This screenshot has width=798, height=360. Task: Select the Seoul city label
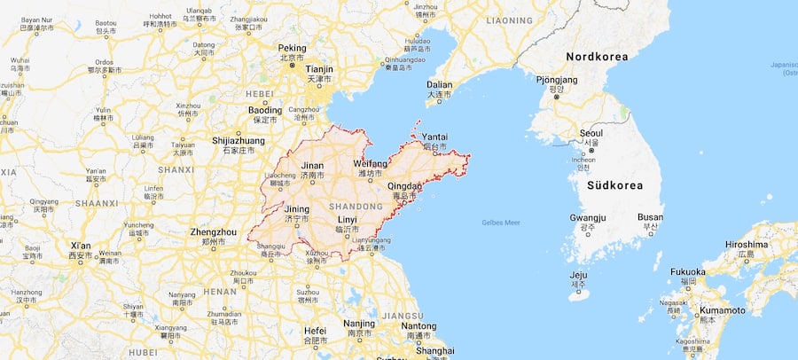[591, 133]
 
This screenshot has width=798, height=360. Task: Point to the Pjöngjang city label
[557, 79]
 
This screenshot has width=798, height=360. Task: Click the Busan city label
[650, 217]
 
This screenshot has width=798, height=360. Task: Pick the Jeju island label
[579, 275]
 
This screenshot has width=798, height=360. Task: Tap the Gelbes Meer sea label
[501, 223]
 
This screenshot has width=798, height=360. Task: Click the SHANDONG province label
[353, 206]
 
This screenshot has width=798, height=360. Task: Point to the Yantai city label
[434, 137]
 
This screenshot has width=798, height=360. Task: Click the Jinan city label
[312, 166]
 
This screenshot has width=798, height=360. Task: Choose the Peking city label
[292, 48]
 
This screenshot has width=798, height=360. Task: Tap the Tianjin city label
[318, 68]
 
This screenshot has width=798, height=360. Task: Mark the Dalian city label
[439, 85]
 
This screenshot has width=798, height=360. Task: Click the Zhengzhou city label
[214, 231]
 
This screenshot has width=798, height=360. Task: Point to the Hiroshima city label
[746, 244]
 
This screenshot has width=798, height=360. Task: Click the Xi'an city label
[81, 246]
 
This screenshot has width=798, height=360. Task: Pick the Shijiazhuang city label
[238, 141]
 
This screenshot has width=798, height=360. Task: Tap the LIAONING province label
[509, 20]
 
